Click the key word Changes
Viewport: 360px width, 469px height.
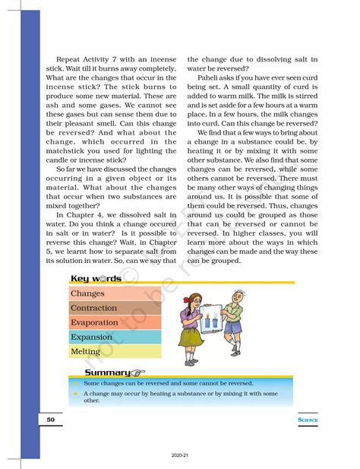(87, 293)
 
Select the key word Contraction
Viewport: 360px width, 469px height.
(93, 308)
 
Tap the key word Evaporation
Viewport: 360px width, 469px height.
(94, 322)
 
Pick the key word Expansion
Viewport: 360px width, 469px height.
(91, 337)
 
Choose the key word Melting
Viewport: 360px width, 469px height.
(85, 351)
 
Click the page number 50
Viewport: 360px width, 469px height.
(49, 419)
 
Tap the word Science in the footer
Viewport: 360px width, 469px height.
(307, 419)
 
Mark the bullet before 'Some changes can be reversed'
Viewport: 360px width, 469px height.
(75, 385)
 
